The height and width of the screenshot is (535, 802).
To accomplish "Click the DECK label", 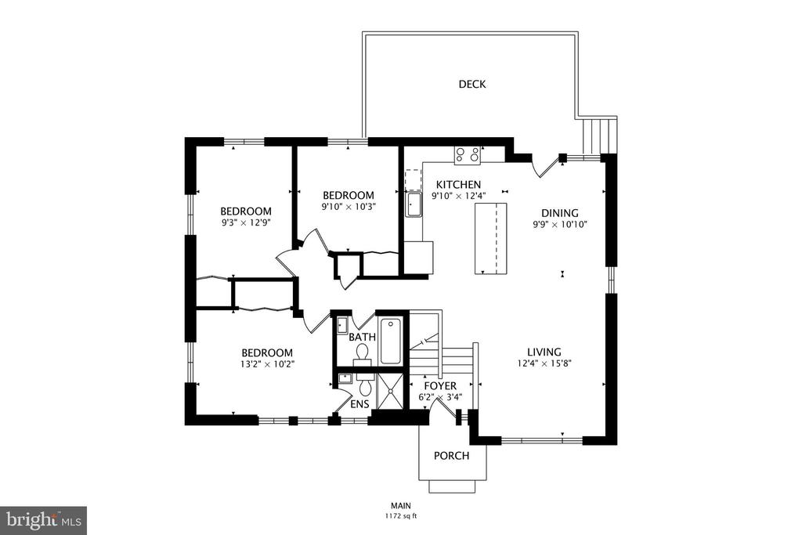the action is tap(472, 84).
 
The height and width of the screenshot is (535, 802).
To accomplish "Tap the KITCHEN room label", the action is tap(458, 185).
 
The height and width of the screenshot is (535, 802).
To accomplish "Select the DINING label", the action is tap(559, 213).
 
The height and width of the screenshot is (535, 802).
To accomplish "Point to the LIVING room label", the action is tap(544, 352).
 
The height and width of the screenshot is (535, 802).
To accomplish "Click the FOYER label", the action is tap(440, 385).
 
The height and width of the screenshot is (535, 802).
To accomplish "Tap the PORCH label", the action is tap(451, 455).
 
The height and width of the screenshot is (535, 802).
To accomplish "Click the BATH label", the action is tap(362, 337).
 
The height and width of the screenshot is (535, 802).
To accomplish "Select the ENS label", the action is tap(359, 404).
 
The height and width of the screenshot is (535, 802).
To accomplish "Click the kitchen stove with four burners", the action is tap(468, 155).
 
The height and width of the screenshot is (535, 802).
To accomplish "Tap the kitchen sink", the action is tap(414, 204).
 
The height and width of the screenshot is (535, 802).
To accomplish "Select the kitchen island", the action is tap(490, 238).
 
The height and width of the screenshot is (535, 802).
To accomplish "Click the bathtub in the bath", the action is tap(391, 342).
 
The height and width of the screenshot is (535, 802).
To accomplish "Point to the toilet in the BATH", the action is tap(363, 355).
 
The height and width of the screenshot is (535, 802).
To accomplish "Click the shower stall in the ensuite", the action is tap(392, 392).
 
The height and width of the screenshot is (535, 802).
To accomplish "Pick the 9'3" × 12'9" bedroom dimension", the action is tap(245, 222).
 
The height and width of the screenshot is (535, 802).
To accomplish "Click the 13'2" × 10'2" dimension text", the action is tap(267, 364).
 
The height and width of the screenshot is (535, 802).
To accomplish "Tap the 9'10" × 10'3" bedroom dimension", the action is tap(349, 207).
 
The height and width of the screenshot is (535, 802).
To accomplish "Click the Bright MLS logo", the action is tap(44, 521).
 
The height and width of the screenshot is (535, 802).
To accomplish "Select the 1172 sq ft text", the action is tap(401, 516).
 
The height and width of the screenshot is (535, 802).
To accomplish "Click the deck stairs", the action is tap(599, 136).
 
